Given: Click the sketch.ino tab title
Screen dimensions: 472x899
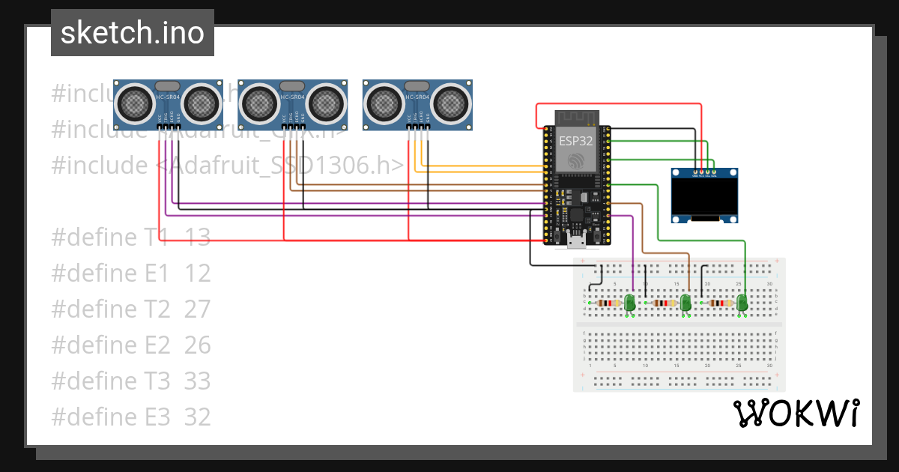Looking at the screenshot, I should tap(132, 33).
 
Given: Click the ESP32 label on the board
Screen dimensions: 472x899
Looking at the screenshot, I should tap(576, 139).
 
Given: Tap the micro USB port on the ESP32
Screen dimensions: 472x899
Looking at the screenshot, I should tap(577, 240).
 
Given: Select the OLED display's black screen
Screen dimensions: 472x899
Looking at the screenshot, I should tap(704, 199).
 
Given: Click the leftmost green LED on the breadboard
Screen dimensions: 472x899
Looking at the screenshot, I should tap(630, 302).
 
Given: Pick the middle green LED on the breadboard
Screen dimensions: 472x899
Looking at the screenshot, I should tap(685, 302).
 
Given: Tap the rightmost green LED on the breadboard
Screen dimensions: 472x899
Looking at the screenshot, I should tap(742, 302).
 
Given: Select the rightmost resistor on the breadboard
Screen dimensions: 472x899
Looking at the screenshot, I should tap(720, 303).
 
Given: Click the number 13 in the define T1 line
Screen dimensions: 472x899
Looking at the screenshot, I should tap(197, 237).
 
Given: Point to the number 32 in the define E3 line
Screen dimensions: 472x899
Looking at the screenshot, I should tap(197, 417).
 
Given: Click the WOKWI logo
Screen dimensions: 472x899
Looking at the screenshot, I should tap(796, 413).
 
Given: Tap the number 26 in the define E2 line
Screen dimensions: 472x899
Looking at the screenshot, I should tap(197, 345).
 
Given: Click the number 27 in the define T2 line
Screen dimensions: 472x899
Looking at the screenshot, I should tap(197, 309).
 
